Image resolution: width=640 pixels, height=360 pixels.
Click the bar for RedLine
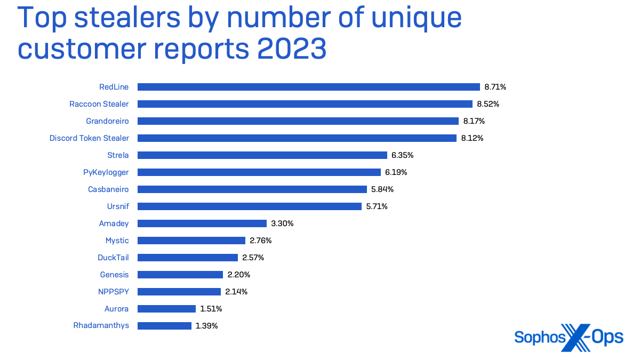point(309,87)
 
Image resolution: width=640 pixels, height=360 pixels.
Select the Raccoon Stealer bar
point(305,104)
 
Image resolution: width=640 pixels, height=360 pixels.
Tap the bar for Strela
point(262,155)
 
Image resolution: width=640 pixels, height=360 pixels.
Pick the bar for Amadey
point(202,223)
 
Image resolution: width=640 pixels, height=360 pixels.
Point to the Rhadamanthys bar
point(164,326)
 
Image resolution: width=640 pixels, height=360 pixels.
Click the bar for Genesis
point(180,275)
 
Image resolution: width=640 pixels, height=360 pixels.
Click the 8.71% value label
point(495,87)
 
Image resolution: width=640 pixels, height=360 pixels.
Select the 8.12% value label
point(473,138)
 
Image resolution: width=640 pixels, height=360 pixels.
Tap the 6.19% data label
point(396,172)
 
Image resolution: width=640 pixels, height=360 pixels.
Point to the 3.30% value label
point(282,223)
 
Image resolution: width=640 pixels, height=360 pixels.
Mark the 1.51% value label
point(211,309)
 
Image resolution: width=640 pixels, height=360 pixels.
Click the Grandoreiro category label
point(107,121)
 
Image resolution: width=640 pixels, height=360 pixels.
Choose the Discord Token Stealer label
point(89,138)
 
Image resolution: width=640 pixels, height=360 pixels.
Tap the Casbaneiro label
point(108,189)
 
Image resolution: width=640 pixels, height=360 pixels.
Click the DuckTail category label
point(113,258)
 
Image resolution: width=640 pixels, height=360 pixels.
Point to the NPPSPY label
point(114,292)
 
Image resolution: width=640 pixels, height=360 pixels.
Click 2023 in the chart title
point(291,49)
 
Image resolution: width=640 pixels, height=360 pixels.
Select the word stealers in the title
point(127,18)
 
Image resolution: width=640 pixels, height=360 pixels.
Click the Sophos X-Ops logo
point(569,337)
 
